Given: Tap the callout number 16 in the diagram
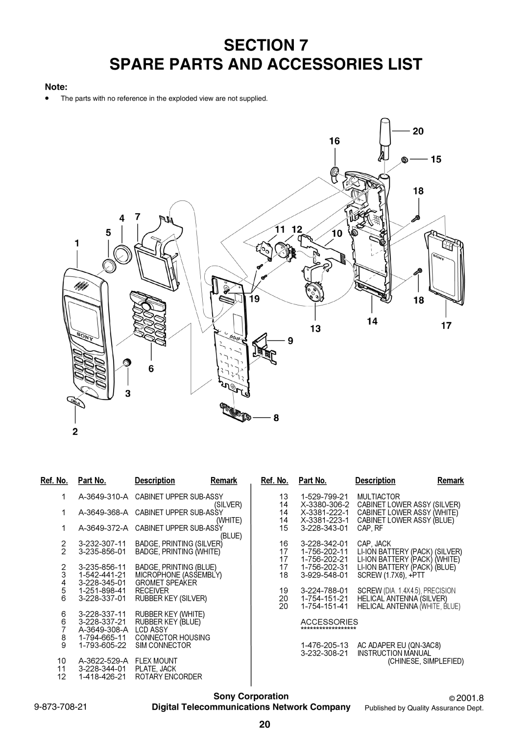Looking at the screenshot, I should (x=334, y=141).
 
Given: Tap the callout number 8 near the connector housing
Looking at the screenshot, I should (x=276, y=418).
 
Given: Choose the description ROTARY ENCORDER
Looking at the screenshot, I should (x=168, y=676).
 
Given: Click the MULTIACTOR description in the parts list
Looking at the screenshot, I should (x=379, y=497).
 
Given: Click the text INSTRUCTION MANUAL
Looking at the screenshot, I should (x=394, y=653).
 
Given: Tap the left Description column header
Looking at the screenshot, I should (x=155, y=480).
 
